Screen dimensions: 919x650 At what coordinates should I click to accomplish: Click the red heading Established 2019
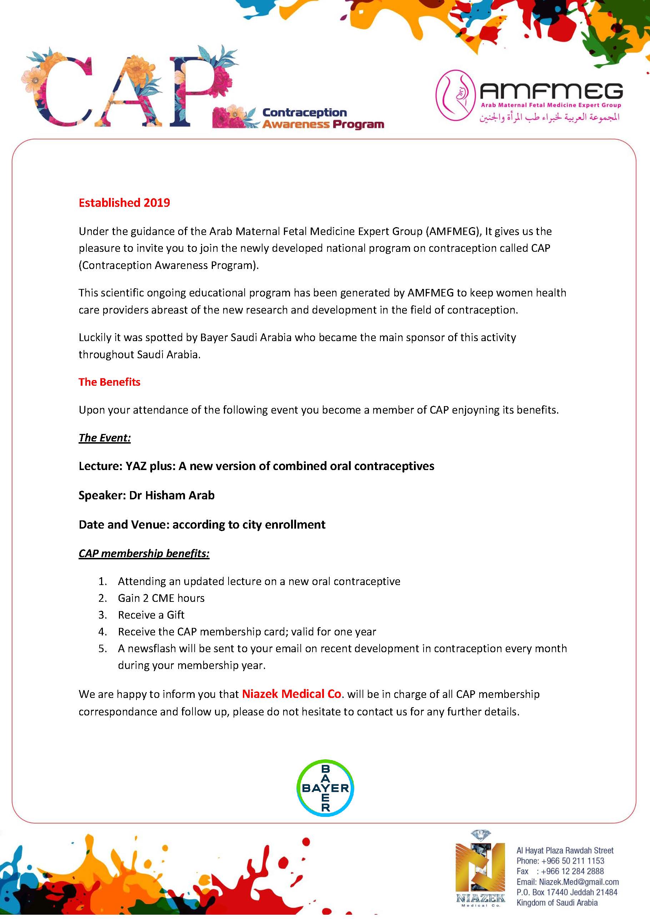[x=124, y=203]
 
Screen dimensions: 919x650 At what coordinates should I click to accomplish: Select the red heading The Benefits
[x=109, y=382]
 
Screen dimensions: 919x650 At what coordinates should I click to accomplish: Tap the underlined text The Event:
[x=104, y=438]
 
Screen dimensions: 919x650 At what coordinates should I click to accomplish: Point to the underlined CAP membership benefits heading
[x=144, y=553]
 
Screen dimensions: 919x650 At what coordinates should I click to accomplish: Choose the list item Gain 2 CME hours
[x=161, y=598]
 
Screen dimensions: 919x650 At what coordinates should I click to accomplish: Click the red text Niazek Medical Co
[x=291, y=694]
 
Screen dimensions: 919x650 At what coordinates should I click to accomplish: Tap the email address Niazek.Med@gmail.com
[x=579, y=882]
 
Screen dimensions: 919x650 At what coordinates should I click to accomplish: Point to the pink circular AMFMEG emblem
[x=455, y=95]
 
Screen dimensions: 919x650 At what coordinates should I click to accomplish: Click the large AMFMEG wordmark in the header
[x=551, y=91]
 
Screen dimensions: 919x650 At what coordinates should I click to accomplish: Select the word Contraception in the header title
[x=304, y=113]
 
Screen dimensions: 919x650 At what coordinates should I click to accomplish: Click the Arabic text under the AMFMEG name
[x=550, y=117]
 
